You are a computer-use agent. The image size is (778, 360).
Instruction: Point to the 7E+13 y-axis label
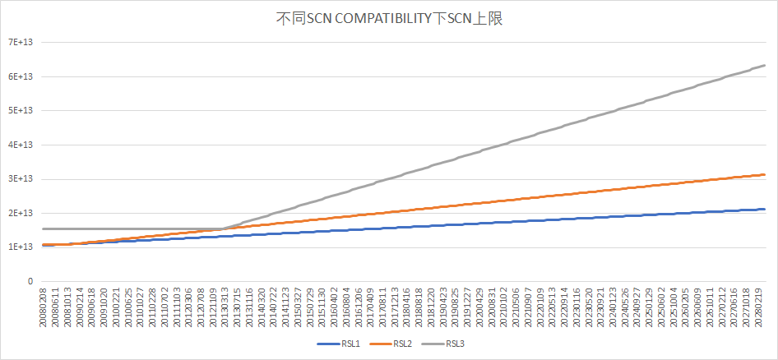[x=21, y=42]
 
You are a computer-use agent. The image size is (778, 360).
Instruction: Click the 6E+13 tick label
[x=21, y=76]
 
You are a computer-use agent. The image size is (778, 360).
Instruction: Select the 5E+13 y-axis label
[x=21, y=110]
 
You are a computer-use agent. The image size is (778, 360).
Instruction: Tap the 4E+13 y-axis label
[x=21, y=145]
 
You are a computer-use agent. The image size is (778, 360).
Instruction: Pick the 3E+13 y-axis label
[x=21, y=179]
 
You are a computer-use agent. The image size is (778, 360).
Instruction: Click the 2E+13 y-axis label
[x=21, y=213]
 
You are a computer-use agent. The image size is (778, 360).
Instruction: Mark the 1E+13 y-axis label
[x=21, y=247]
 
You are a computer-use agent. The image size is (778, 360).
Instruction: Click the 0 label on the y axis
[x=31, y=281]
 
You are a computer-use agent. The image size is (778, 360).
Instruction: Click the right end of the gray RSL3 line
[x=765, y=65]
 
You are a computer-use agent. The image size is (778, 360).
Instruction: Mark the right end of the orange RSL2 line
[x=765, y=174]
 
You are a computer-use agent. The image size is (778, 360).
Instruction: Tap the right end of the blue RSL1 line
[x=765, y=209]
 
